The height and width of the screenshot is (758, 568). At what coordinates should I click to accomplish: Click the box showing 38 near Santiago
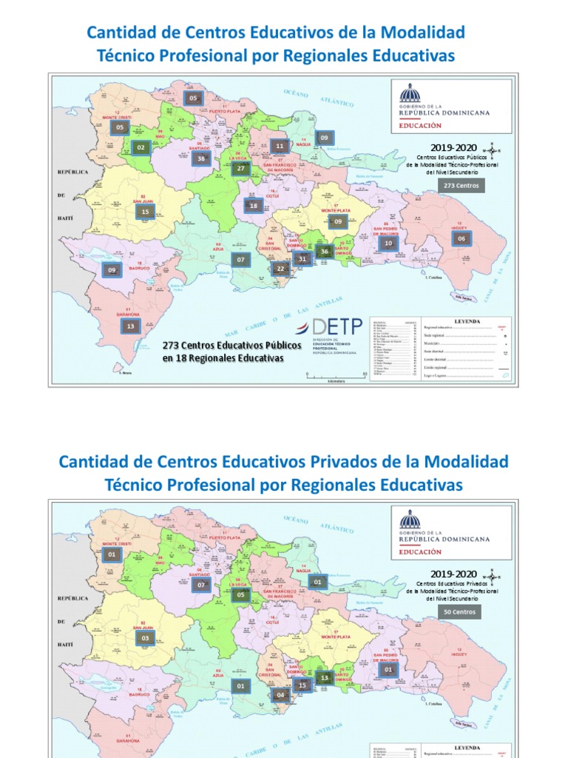200,158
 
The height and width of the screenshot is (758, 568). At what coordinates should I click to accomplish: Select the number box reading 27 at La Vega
241,168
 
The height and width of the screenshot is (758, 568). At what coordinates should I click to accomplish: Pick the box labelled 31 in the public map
302,259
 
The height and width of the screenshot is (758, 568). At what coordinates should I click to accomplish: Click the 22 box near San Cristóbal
280,269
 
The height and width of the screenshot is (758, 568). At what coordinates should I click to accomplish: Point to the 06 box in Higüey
461,238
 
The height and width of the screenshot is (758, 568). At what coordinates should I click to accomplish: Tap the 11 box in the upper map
279,146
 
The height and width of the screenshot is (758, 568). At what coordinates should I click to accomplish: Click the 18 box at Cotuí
254,206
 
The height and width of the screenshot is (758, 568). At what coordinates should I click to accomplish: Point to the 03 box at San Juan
146,637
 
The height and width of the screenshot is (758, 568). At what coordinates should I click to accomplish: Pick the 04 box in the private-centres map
280,695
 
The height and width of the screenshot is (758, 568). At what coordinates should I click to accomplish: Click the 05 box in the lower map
241,594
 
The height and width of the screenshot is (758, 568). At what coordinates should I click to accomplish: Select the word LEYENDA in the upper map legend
467,321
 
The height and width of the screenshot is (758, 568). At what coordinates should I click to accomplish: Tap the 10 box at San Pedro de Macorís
387,243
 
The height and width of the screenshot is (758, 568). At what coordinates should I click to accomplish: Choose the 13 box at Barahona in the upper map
131,326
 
